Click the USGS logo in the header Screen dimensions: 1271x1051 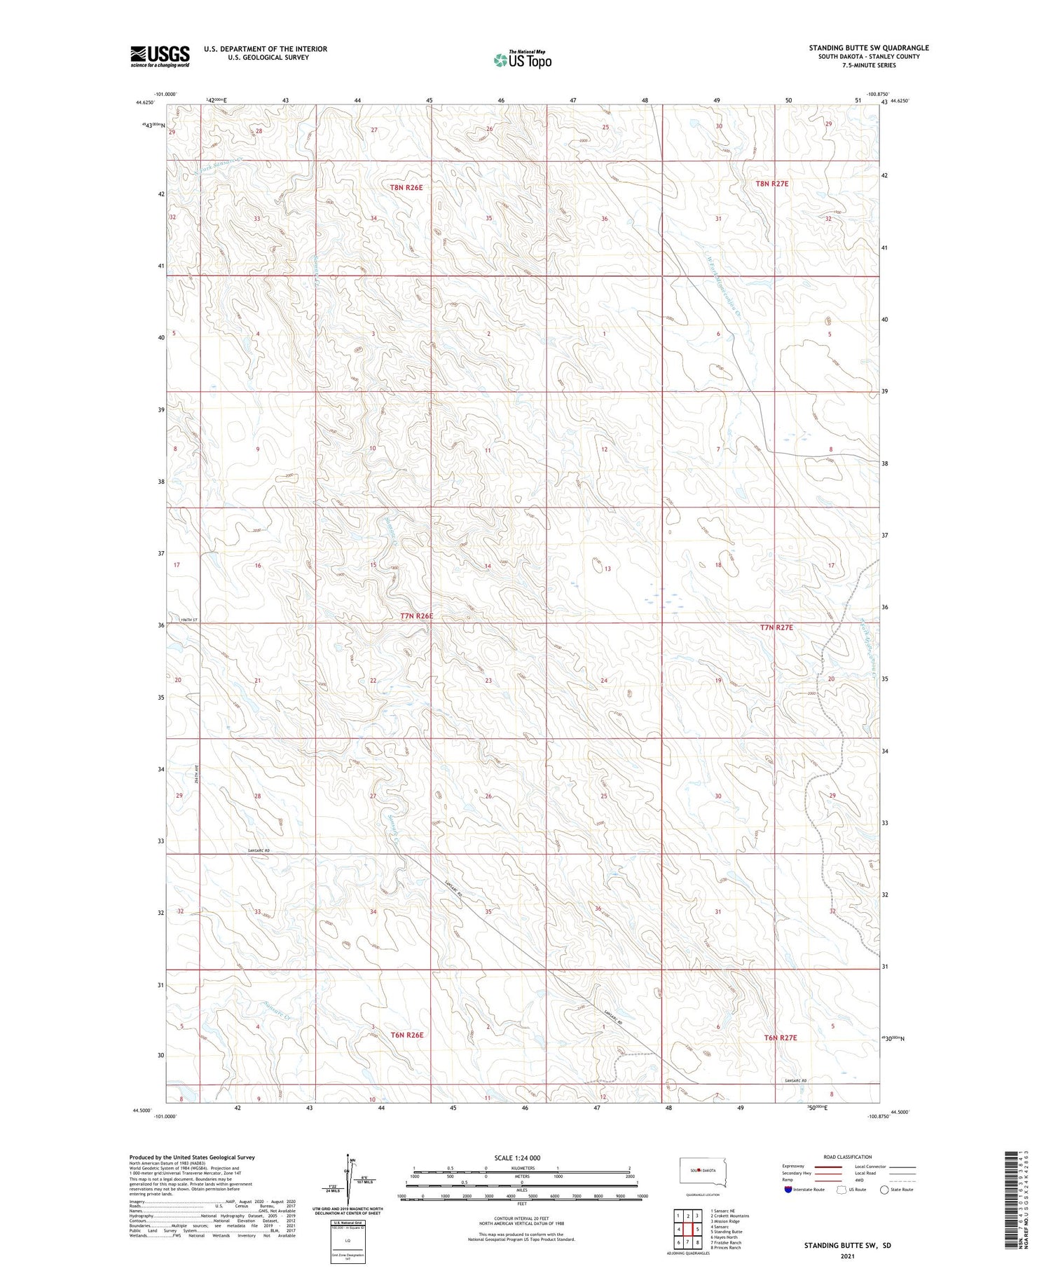pos(160,56)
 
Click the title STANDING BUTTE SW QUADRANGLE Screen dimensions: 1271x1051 pos(869,48)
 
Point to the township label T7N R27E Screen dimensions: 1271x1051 pos(776,627)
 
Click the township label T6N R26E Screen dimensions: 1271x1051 pos(407,1035)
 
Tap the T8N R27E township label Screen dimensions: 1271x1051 pos(771,184)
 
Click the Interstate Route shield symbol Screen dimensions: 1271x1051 pos(788,1190)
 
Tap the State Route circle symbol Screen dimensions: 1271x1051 pos(884,1190)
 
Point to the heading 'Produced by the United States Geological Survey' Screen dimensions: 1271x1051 pos(192,1157)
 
